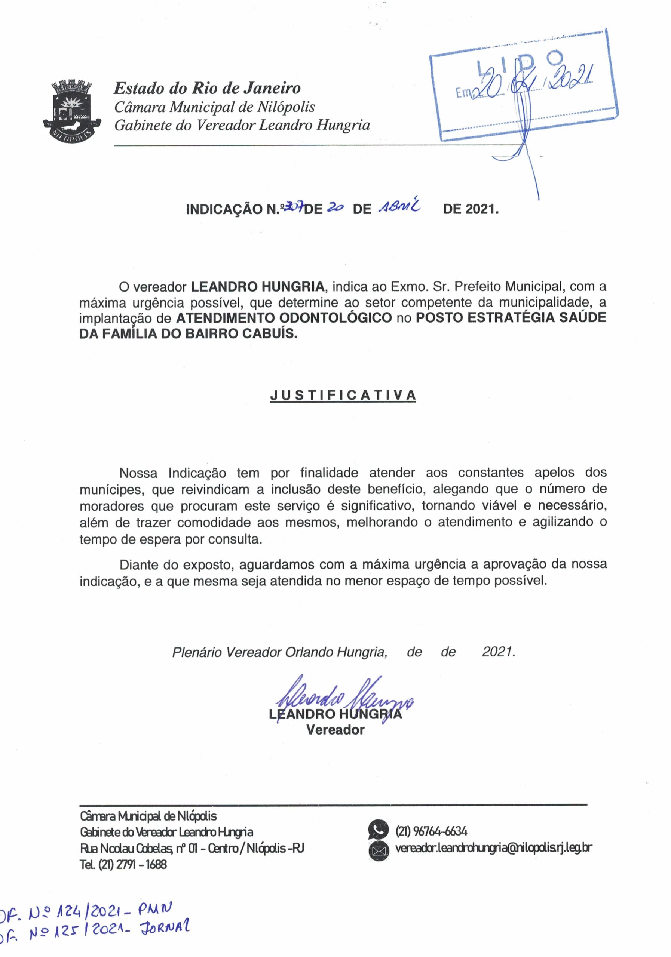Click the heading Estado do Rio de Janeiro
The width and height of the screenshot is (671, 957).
click(x=207, y=88)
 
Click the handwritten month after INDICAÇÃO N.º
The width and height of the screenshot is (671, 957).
click(x=399, y=207)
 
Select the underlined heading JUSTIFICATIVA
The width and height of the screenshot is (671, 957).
click(x=343, y=395)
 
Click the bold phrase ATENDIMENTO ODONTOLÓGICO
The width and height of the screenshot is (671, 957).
click(x=284, y=318)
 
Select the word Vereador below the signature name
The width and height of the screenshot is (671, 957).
click(x=335, y=730)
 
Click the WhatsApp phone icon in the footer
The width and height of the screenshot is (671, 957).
click(x=378, y=830)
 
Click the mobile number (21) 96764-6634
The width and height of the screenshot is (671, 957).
click(x=431, y=831)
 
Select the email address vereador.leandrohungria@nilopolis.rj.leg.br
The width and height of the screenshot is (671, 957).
click(x=493, y=848)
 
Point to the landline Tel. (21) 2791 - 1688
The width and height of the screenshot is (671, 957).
click(x=123, y=864)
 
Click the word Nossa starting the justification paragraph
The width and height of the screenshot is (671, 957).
click(x=138, y=473)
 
